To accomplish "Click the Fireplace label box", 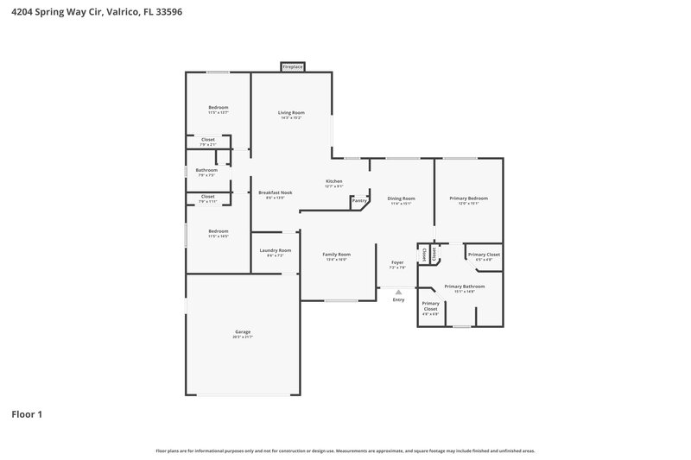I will pyautogui.click(x=292, y=66).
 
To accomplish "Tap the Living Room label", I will pyautogui.click(x=290, y=112).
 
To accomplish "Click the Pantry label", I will pyautogui.click(x=359, y=201).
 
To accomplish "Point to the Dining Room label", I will pyautogui.click(x=401, y=198).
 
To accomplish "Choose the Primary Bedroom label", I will pyautogui.click(x=467, y=198).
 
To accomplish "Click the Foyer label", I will pyautogui.click(x=397, y=262).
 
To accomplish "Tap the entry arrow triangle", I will pyautogui.click(x=398, y=293).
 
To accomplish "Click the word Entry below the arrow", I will pyautogui.click(x=398, y=299).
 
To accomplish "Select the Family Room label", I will pyautogui.click(x=336, y=254).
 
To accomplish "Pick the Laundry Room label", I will pyautogui.click(x=275, y=250).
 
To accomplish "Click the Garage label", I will pyautogui.click(x=243, y=331).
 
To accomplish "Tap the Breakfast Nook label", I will pyautogui.click(x=275, y=192).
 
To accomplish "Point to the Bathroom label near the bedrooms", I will pyautogui.click(x=206, y=170).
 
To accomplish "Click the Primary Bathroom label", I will pyautogui.click(x=464, y=286).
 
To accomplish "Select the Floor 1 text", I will pyautogui.click(x=27, y=414).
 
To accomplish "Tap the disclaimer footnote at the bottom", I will pyautogui.click(x=345, y=451).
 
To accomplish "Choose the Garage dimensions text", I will pyautogui.click(x=243, y=337).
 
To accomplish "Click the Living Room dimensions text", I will pyautogui.click(x=290, y=117).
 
